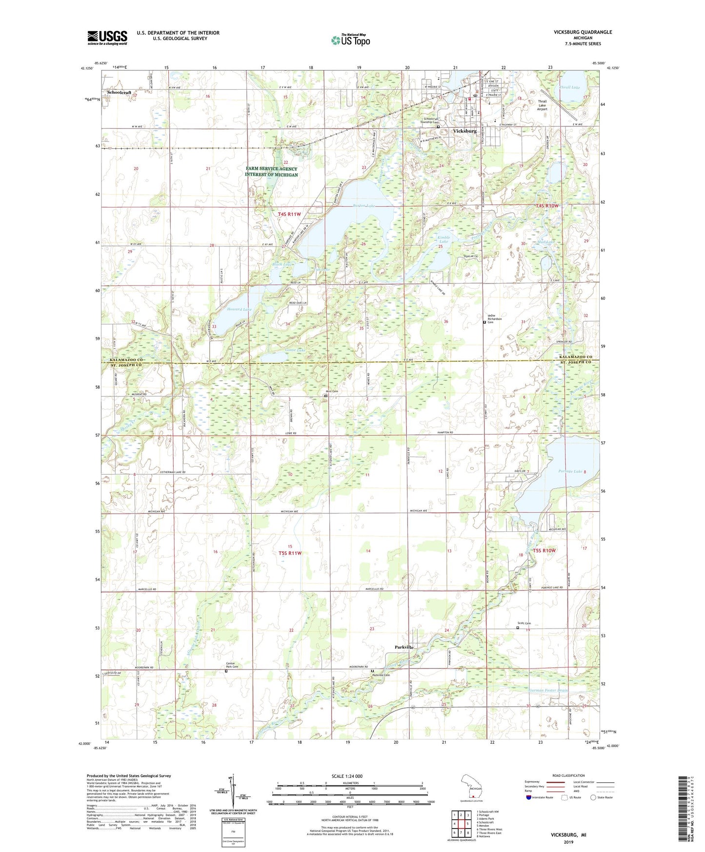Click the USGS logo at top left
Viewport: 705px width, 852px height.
tap(107, 38)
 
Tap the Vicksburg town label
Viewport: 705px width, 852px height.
tap(464, 131)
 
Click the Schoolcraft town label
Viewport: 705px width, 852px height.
tap(120, 92)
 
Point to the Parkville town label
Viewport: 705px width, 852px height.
tap(404, 647)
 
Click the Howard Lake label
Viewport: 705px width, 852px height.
tap(239, 309)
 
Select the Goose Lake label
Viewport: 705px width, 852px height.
tap(294, 350)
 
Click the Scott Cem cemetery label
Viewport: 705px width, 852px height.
tap(524, 623)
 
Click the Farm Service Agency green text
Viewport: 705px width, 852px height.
tap(271, 172)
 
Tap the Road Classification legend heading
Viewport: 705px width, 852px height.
tap(569, 775)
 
